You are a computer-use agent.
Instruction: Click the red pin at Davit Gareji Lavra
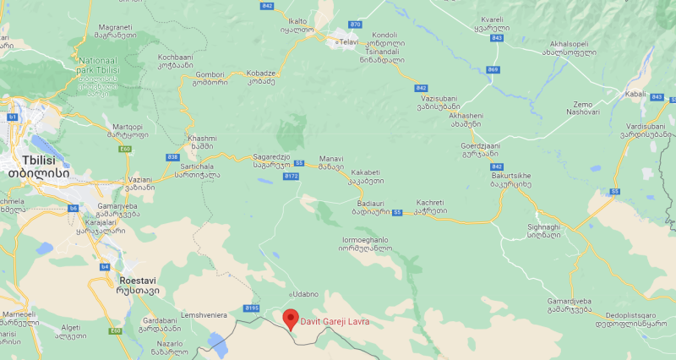pyautogui.click(x=291, y=320)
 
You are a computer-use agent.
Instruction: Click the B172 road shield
pyautogui.click(x=292, y=177)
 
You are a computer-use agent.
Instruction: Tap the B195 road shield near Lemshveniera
pyautogui.click(x=250, y=308)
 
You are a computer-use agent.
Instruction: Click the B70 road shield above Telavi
pyautogui.click(x=355, y=25)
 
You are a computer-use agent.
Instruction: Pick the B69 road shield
pyautogui.click(x=493, y=69)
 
